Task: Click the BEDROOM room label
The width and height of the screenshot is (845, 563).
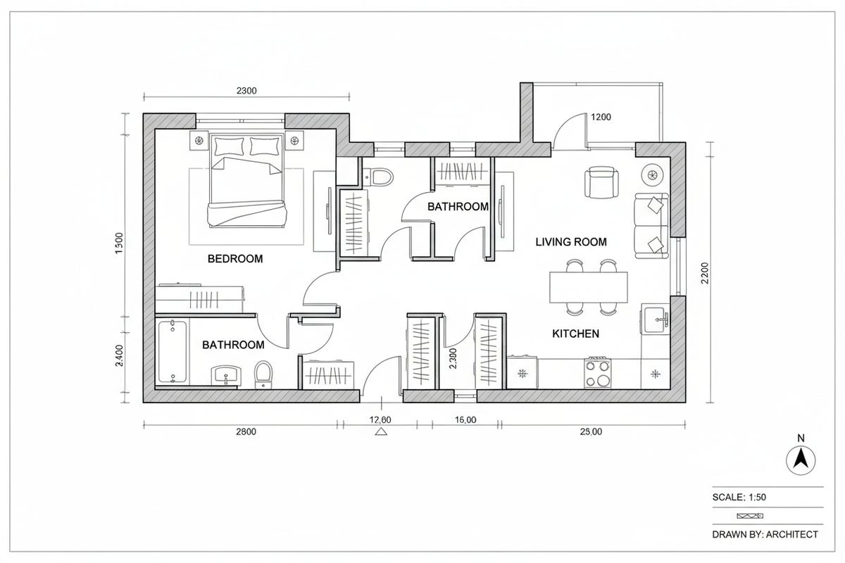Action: click(x=234, y=259)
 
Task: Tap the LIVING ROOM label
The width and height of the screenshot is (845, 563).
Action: click(x=570, y=242)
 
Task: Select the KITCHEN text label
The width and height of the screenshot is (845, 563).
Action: click(x=575, y=334)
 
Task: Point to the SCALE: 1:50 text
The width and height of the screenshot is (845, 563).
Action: click(x=739, y=497)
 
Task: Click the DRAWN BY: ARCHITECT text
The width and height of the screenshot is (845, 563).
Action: click(x=765, y=534)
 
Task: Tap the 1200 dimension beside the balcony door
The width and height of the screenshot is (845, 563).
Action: click(x=601, y=117)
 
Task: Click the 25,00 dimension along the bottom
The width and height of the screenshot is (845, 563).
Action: click(x=590, y=432)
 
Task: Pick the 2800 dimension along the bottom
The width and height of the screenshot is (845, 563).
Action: click(x=244, y=432)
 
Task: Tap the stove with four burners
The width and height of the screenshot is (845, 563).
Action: click(x=598, y=372)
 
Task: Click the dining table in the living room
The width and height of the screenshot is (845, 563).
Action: click(x=588, y=287)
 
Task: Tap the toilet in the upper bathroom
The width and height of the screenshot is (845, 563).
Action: click(x=381, y=177)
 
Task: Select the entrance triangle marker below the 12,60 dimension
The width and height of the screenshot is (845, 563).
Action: click(x=381, y=433)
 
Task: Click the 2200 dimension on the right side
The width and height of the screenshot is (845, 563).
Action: click(x=706, y=273)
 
